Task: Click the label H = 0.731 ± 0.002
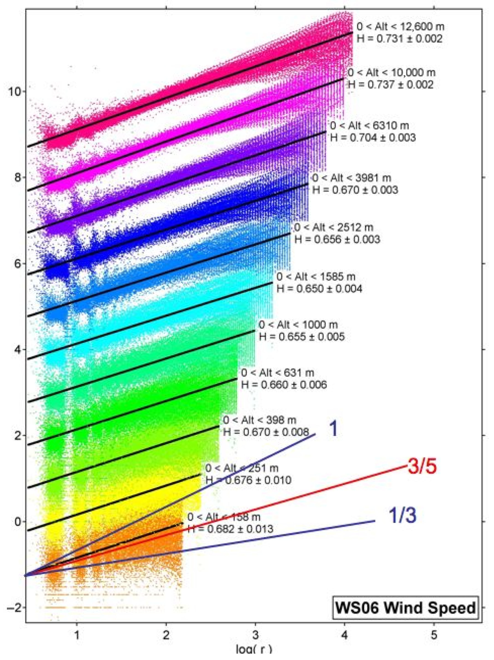pos(399,39)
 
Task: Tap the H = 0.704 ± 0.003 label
pos(373,138)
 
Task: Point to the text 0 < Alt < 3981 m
pos(351,178)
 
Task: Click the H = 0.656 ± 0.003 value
pos(337,239)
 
